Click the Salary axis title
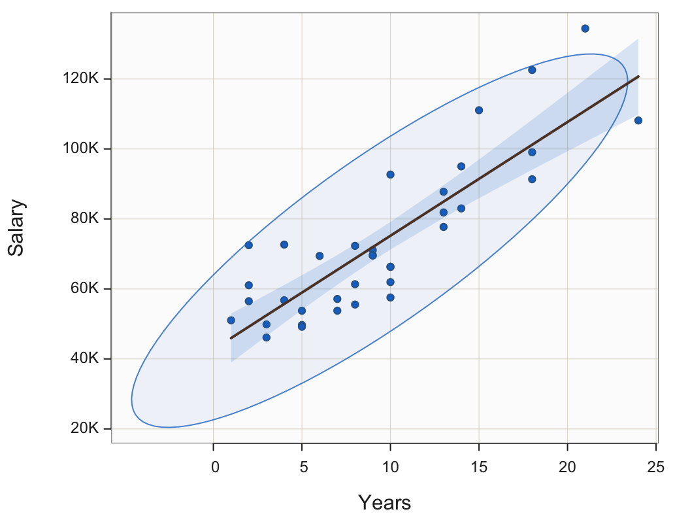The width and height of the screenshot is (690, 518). (x=16, y=228)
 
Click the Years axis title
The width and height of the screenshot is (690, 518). (x=384, y=503)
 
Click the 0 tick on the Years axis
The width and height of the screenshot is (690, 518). (x=214, y=466)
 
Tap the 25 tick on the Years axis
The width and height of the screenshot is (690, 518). (x=656, y=466)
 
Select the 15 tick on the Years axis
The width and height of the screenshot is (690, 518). (x=479, y=466)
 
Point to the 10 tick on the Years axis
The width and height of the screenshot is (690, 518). (x=390, y=466)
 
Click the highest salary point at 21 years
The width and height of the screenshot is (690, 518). (x=585, y=28)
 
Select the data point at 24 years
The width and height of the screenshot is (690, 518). (x=638, y=120)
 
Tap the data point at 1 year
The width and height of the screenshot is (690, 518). (x=231, y=320)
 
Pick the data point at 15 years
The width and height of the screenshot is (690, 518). (x=479, y=110)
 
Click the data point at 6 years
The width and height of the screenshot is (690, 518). (x=320, y=256)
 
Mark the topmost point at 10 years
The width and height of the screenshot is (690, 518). (x=390, y=175)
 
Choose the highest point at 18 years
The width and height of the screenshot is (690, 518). (x=532, y=70)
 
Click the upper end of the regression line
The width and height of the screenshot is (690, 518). (x=638, y=77)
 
